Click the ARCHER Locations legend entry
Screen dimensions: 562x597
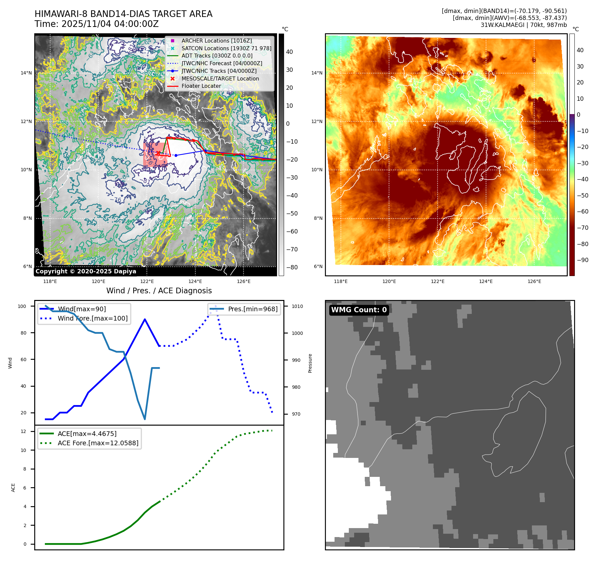click(216, 41)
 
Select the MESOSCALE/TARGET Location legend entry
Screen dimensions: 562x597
click(220, 78)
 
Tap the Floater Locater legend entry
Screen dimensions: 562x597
click(201, 86)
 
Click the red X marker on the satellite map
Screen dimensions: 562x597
click(158, 153)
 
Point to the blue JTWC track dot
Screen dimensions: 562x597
click(176, 155)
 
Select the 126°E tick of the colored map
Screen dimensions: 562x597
click(534, 281)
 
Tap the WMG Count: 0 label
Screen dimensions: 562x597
click(359, 310)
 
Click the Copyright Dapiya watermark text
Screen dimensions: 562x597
click(86, 271)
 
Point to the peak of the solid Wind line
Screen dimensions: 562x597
click(145, 319)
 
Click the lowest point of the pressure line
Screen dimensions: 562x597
click(145, 419)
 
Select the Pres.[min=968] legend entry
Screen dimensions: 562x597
click(252, 309)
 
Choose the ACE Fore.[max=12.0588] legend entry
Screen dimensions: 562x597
click(98, 443)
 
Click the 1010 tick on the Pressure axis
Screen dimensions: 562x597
click(297, 306)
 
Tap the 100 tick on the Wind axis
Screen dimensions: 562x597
click(22, 306)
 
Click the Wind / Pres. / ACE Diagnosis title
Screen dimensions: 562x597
click(159, 291)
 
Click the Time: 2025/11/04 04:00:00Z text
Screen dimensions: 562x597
click(97, 24)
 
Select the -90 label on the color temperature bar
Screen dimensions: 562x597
click(583, 260)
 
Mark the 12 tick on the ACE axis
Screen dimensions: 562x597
click(24, 431)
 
